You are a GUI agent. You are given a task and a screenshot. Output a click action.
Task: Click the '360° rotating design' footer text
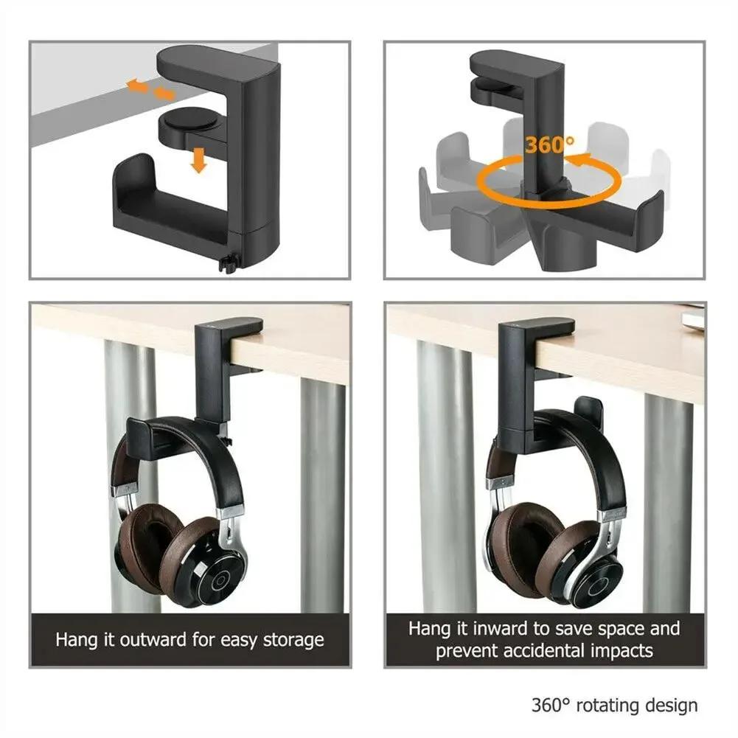click(614, 705)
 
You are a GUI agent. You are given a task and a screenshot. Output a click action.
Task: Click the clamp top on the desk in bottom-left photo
click(229, 324)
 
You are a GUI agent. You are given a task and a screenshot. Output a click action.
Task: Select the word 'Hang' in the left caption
click(74, 638)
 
